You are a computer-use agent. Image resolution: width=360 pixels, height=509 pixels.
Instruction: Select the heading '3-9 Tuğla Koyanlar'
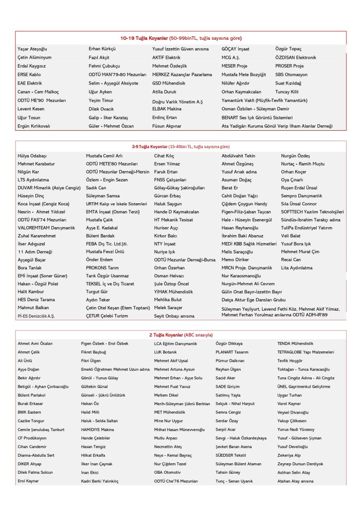(x=150, y=147)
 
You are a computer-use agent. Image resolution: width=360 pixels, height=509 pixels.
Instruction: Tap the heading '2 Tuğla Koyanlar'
(x=166, y=335)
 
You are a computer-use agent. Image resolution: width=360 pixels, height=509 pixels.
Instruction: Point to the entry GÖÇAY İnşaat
(x=236, y=49)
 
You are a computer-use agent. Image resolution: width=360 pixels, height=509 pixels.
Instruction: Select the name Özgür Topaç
(x=288, y=49)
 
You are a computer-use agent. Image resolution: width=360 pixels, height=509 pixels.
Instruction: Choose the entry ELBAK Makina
(x=167, y=109)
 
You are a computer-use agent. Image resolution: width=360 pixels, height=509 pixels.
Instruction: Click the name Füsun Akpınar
(x=167, y=126)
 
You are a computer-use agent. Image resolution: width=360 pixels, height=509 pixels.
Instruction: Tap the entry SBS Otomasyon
(x=291, y=75)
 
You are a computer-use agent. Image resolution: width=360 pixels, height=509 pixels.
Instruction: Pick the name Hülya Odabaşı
(x=32, y=156)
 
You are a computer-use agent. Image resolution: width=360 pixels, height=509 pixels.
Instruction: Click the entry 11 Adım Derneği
(x=35, y=252)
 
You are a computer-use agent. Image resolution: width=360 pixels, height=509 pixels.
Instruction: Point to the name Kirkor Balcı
(x=166, y=236)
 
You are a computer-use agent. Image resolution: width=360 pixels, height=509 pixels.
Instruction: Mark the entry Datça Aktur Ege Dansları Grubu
(x=254, y=300)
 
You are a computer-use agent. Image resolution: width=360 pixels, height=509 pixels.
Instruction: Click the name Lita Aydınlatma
(x=297, y=267)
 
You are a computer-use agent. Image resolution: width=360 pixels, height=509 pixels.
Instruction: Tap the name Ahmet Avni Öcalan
(x=35, y=343)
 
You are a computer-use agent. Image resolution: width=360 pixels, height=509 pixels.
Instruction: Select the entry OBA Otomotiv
(x=167, y=472)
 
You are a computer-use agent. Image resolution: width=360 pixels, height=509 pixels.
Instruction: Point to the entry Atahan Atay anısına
(x=295, y=481)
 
